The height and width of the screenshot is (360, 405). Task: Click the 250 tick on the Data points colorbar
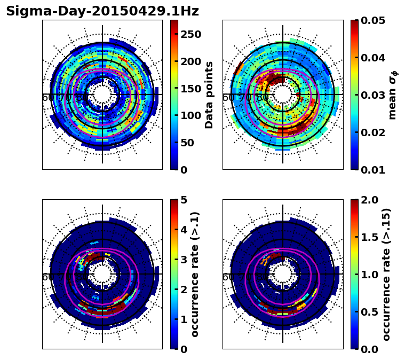coord(190,35)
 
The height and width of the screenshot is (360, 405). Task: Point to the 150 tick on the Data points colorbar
coord(190,89)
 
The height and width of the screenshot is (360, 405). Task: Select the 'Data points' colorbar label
coord(209,95)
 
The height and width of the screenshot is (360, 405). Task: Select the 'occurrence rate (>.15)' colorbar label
coord(386,274)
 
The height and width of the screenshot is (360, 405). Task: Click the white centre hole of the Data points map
coord(102,95)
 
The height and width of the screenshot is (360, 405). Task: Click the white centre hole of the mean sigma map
coord(283,95)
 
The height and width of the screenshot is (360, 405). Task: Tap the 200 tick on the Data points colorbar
coord(190,61)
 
